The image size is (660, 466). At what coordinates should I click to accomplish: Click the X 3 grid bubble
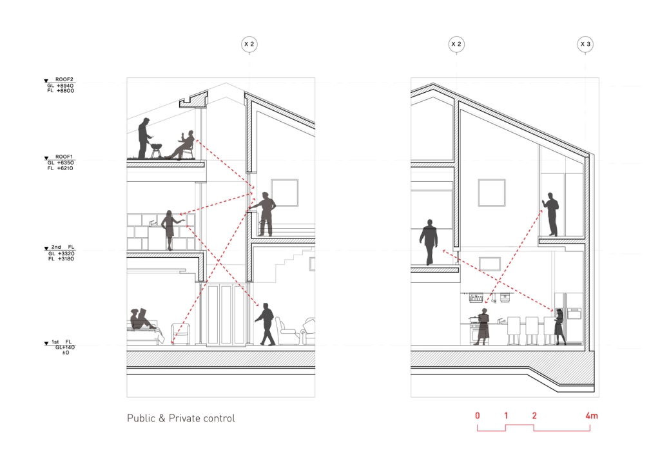[x=585, y=44]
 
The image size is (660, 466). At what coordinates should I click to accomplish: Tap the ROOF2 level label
[x=64, y=79]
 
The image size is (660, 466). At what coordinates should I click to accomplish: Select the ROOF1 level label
[x=64, y=157]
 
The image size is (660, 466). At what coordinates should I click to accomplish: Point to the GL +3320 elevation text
[x=61, y=253]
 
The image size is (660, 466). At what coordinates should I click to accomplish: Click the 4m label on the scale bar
[x=592, y=416]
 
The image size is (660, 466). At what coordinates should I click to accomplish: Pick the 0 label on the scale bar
[x=478, y=416]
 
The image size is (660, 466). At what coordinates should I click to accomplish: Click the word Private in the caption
[x=184, y=418]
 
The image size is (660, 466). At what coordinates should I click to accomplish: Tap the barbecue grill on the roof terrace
[x=156, y=150]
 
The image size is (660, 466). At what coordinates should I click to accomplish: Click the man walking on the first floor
[x=265, y=324]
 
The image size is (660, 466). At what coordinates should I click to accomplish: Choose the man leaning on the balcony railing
[x=264, y=214]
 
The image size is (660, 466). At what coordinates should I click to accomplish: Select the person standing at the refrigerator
[x=559, y=327]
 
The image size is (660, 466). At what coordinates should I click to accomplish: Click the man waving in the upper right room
[x=551, y=215]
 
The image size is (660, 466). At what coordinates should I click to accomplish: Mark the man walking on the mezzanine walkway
[x=429, y=242]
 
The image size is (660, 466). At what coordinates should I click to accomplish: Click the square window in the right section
[x=492, y=193]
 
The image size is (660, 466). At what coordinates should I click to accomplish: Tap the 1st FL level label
[x=61, y=342]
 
